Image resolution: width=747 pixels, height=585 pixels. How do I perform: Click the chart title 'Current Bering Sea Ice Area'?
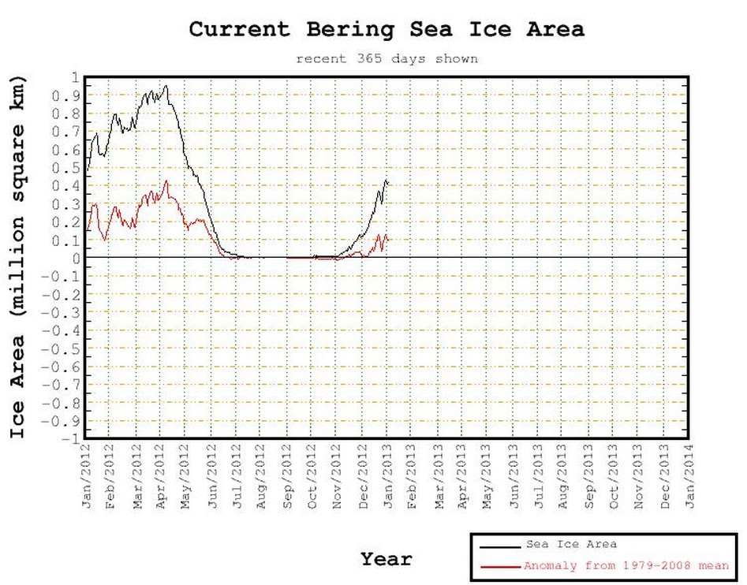tap(387, 30)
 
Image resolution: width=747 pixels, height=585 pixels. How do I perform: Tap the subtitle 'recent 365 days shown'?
tap(387, 58)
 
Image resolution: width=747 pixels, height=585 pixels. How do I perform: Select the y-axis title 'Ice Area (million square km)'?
tap(18, 257)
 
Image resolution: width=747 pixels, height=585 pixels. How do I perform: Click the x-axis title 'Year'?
tap(387, 560)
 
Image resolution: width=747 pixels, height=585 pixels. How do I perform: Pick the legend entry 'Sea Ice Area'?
tap(571, 544)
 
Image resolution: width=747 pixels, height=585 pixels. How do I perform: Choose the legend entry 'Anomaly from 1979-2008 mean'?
tap(626, 566)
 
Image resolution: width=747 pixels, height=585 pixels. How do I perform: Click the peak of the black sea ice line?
tap(166, 85)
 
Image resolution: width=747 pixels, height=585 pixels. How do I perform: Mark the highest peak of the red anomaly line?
tap(166, 181)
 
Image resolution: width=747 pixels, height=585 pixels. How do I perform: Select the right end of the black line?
tap(388, 183)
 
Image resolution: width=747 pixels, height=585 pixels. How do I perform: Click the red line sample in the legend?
tap(499, 566)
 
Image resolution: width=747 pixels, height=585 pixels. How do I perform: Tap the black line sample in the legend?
tap(499, 545)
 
